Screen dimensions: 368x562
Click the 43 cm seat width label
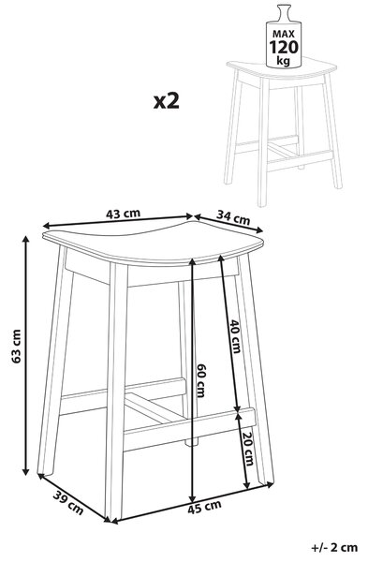coord(123,214)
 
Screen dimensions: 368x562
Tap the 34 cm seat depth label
coord(233,217)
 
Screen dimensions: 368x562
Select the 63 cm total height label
coord(17,347)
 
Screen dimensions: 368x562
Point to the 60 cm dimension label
coord(200,380)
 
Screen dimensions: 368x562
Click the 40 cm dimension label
coord(235,336)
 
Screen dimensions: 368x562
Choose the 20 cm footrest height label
coord(248,449)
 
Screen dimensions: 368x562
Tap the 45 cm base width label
coord(204,507)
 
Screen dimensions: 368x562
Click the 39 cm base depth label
coord(68,502)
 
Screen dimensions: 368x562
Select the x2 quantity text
coord(167,101)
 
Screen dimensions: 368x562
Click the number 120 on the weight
coord(284,48)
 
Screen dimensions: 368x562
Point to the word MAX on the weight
coord(284,34)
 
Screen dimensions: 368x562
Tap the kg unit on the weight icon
coord(284,61)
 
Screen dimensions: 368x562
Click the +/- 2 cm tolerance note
coord(334,547)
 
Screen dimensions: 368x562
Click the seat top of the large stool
coord(153,243)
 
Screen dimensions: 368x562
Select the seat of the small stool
coord(282,68)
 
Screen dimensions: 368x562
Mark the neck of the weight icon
coord(284,12)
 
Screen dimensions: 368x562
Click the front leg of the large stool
coord(117,391)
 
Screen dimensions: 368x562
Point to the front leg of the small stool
coord(264,141)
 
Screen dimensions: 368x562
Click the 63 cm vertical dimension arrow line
coord(25,356)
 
